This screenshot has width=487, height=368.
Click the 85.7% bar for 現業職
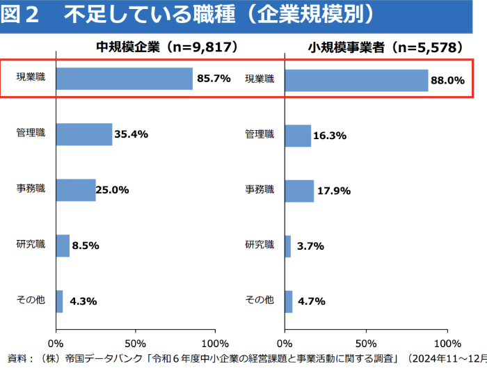coord(124,79)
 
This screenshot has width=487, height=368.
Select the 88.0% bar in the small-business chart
coord(356,80)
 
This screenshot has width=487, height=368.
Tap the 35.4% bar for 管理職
coord(83,134)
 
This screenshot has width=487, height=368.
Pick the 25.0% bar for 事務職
coord(75,190)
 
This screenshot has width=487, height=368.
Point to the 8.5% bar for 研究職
coord(62,246)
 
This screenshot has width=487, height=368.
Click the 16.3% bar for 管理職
coord(298,136)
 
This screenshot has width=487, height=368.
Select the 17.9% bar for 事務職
coord(299,191)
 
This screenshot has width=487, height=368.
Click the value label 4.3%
coord(83,301)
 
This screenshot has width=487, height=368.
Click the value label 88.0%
coord(447,80)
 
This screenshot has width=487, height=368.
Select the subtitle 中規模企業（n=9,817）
coord(167,48)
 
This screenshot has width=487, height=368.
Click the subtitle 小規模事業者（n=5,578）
coord(385,48)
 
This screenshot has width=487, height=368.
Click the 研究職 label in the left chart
coord(30,244)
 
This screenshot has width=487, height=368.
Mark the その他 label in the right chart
coord(259,300)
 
